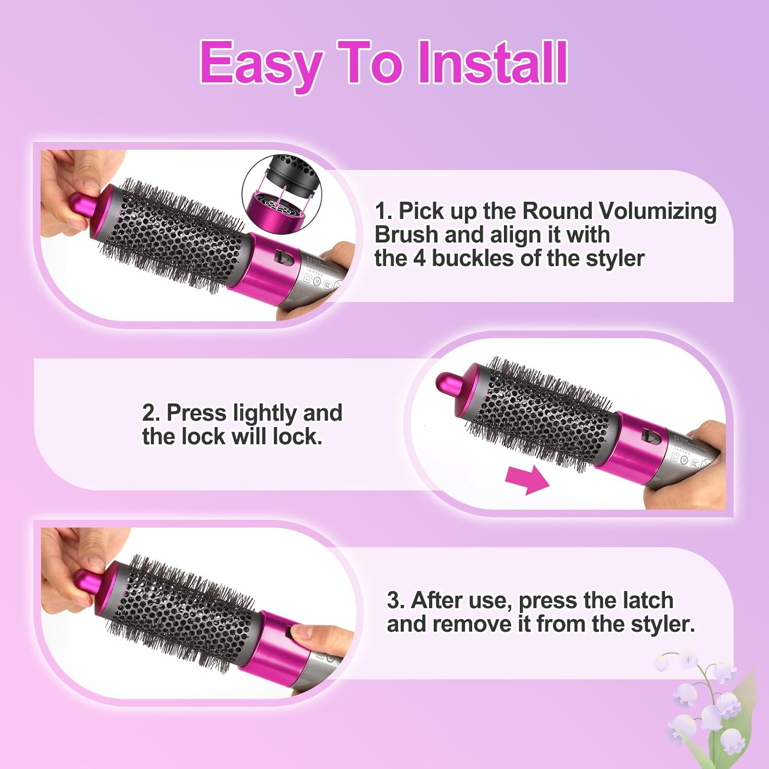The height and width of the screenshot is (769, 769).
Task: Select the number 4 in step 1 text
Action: [419, 258]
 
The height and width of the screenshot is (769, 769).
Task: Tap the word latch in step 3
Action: [647, 600]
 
